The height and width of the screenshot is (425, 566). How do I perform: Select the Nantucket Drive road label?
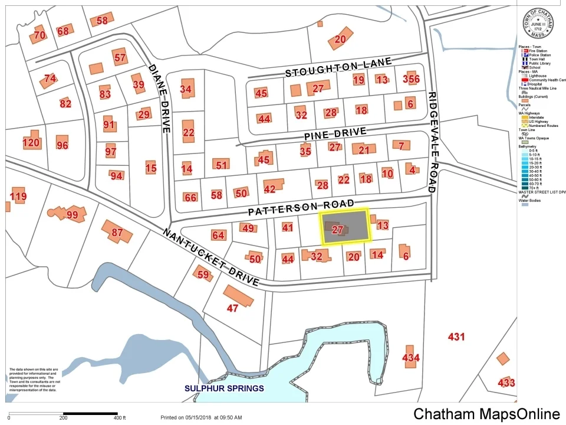click(210, 257)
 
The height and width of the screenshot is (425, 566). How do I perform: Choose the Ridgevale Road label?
click(433, 142)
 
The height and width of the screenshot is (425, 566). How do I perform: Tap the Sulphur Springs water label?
click(224, 388)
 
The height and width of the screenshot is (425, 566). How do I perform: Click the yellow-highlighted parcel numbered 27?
click(345, 226)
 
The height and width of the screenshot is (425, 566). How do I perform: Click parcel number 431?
click(456, 337)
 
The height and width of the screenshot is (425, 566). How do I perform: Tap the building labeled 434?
click(410, 357)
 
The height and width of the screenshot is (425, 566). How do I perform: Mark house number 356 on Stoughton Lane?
click(411, 79)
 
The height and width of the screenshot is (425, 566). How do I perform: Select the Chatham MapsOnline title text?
click(486, 414)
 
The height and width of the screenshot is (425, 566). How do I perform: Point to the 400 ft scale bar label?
click(120, 419)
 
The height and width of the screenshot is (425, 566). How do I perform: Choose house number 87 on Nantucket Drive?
click(117, 232)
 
